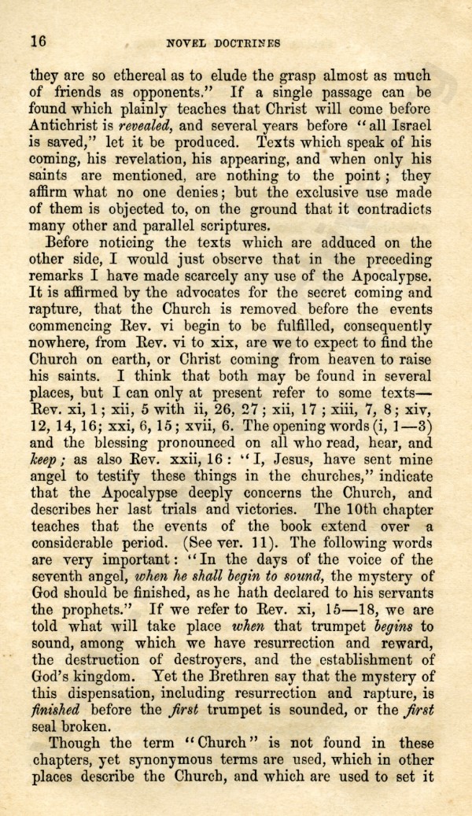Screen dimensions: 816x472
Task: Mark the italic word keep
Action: (x=45, y=460)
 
